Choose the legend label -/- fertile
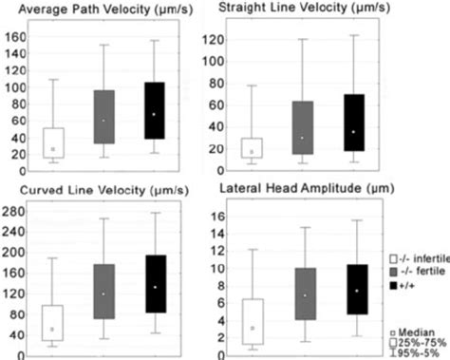(x=420, y=274)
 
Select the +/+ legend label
(x=413, y=289)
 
